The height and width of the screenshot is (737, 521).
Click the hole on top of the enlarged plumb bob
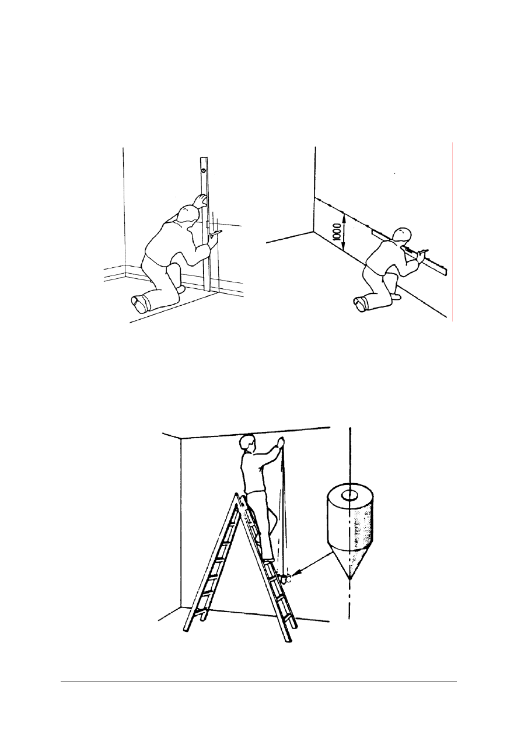click(349, 495)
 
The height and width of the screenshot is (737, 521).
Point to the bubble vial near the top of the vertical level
click(204, 170)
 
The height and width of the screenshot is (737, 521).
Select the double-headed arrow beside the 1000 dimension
click(344, 232)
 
